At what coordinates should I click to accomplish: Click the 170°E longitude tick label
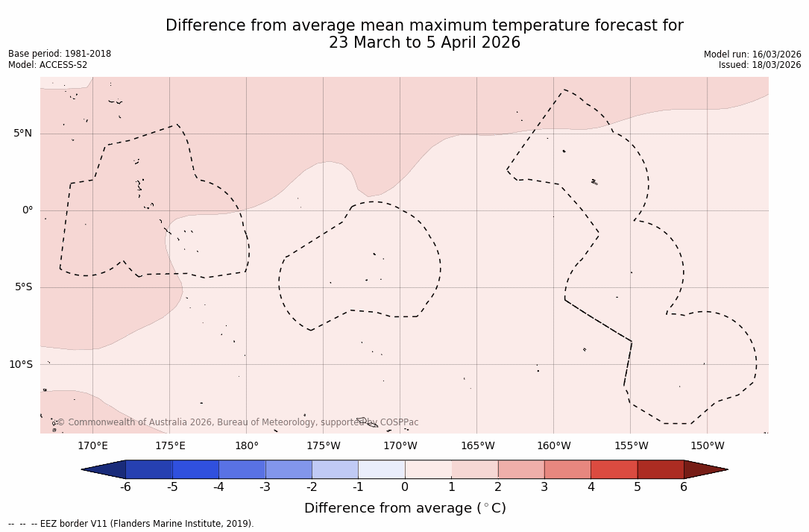(92, 446)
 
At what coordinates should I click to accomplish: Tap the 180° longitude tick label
(247, 446)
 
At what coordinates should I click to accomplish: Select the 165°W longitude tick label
(477, 446)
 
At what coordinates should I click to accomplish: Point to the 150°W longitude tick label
(707, 446)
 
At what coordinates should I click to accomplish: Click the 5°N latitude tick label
(22, 134)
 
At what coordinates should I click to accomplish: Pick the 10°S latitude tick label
(20, 365)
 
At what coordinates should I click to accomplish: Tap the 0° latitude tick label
(28, 210)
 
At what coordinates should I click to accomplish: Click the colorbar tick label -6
(125, 487)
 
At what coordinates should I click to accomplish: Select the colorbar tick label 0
(405, 487)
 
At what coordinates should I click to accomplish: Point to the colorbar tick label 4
(591, 487)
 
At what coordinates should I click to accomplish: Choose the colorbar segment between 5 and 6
(661, 469)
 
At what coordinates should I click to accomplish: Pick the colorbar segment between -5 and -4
(195, 469)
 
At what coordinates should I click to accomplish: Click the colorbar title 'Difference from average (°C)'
(405, 508)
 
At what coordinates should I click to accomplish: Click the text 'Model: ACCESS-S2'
(48, 65)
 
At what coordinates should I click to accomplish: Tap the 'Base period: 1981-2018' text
(60, 54)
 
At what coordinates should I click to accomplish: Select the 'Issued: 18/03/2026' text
(760, 65)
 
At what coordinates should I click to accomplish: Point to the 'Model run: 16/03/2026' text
(752, 54)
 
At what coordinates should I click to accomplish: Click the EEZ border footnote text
(131, 524)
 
